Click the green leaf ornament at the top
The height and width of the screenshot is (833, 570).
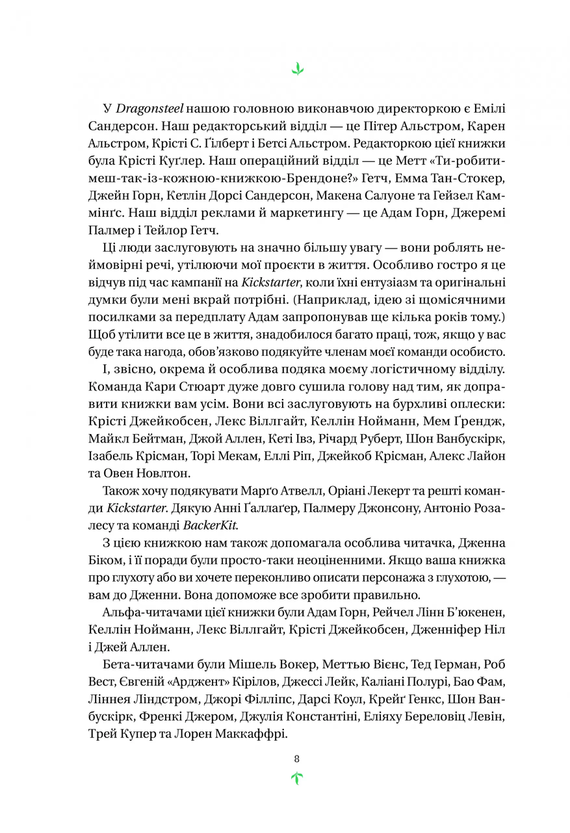point(297,68)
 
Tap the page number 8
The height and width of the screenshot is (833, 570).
point(297,758)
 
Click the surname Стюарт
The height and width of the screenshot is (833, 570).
point(207,387)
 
